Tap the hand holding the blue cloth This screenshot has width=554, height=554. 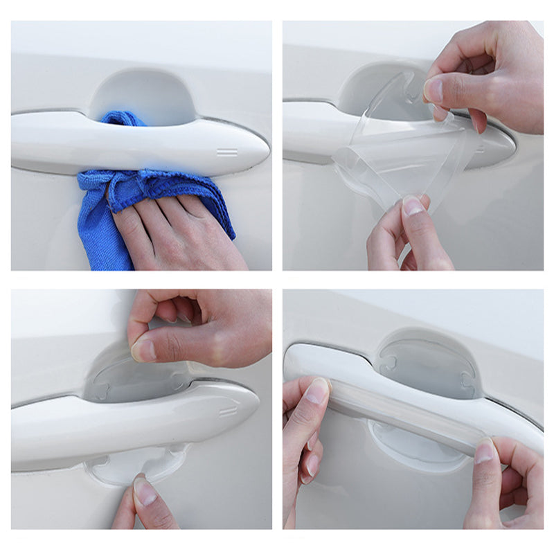coord(173,229)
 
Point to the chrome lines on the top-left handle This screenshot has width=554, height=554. coord(227,151)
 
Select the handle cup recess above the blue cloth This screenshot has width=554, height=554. coord(142,97)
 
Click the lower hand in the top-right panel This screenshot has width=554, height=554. coord(409,235)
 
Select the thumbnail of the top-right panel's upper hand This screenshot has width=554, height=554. coord(434,90)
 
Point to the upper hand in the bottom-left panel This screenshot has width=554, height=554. coord(201,325)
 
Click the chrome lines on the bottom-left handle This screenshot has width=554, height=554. coord(227,410)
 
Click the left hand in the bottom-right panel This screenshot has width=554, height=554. coord(305,429)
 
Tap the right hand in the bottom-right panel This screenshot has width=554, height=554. coord(506,485)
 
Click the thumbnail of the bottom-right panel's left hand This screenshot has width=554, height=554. coord(317,391)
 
